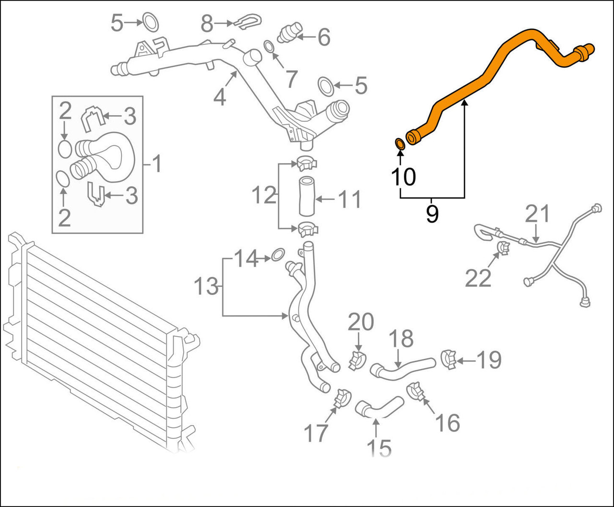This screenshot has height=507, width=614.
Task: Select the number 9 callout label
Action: (x=432, y=214)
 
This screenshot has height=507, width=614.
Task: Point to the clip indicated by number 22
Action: (x=503, y=248)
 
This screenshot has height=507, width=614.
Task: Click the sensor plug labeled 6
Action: (x=289, y=32)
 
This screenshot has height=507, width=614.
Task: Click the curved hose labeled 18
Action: (x=402, y=367)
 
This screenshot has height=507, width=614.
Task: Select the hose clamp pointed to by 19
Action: (x=448, y=360)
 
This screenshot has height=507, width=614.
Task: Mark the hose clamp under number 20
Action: (x=358, y=361)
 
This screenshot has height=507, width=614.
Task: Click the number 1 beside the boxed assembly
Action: (x=156, y=164)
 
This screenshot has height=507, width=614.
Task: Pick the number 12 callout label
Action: (x=264, y=196)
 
